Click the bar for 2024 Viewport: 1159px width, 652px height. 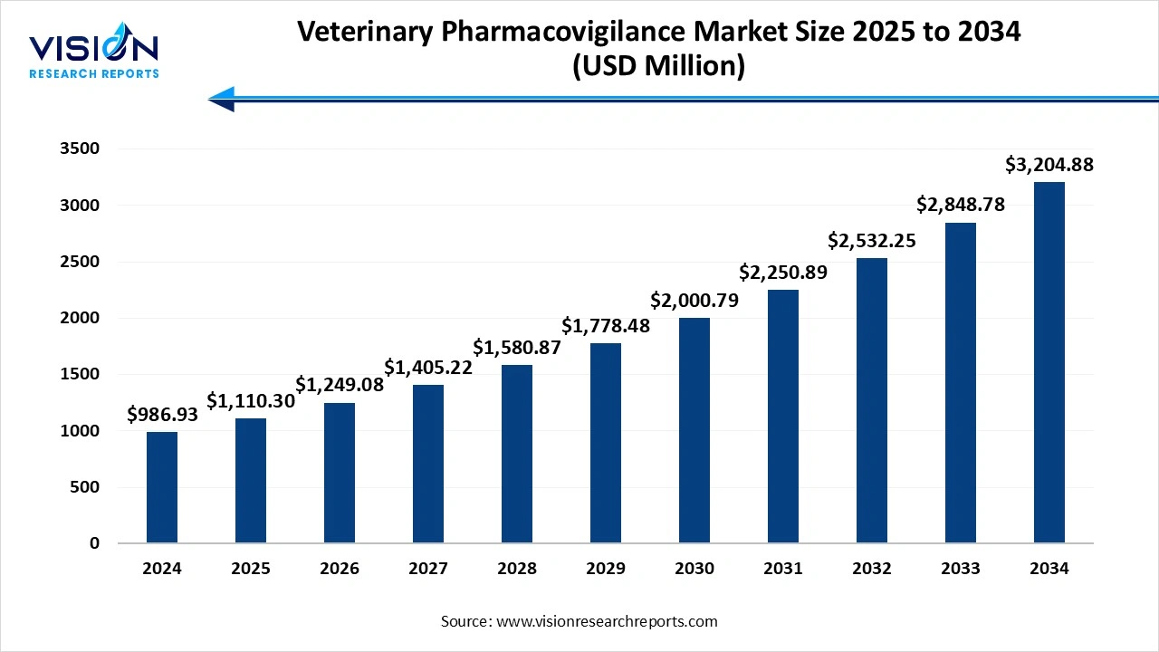coord(162,487)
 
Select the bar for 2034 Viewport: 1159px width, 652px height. coord(1049,362)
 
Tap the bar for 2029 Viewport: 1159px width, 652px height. coord(606,443)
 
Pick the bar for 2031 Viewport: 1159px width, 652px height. coord(783,417)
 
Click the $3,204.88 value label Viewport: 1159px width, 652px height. coord(1049,165)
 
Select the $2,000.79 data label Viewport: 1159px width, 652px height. coord(694,300)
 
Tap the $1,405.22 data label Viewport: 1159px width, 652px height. coord(428,367)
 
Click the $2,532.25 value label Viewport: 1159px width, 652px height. coord(872,240)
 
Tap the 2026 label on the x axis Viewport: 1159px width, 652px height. coord(340,569)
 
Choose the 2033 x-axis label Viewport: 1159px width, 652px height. coord(961,569)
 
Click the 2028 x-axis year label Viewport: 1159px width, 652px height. coord(517,569)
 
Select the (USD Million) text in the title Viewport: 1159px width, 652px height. coord(658,67)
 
